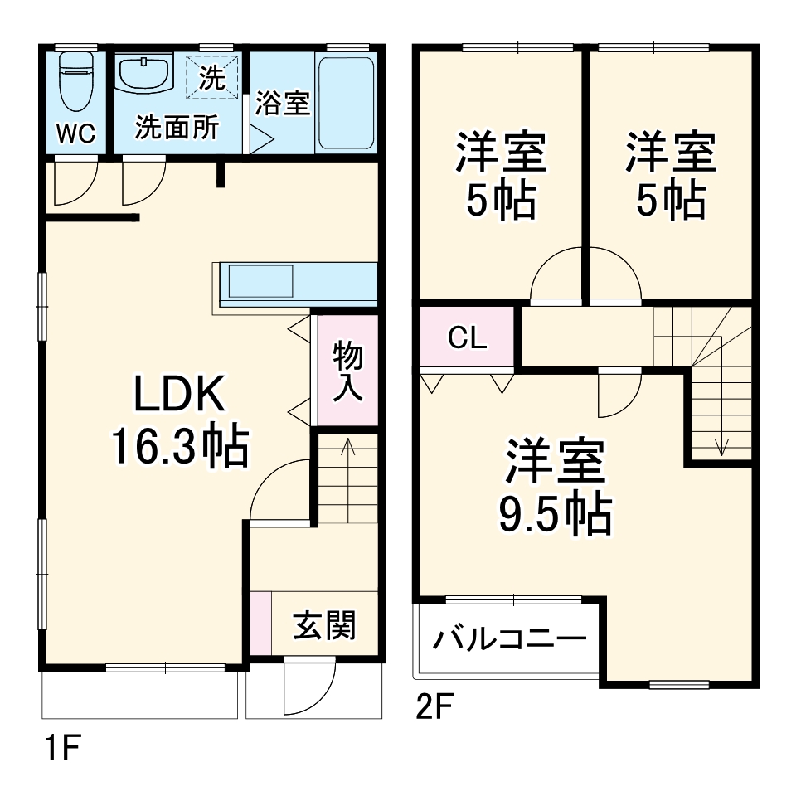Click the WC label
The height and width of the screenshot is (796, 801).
(x=76, y=133)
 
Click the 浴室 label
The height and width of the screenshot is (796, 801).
(x=282, y=103)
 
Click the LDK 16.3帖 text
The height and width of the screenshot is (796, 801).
(x=179, y=421)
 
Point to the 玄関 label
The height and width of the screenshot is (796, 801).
(x=324, y=625)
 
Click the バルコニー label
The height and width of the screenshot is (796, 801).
(x=507, y=639)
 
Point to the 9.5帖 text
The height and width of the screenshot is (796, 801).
(x=554, y=515)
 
